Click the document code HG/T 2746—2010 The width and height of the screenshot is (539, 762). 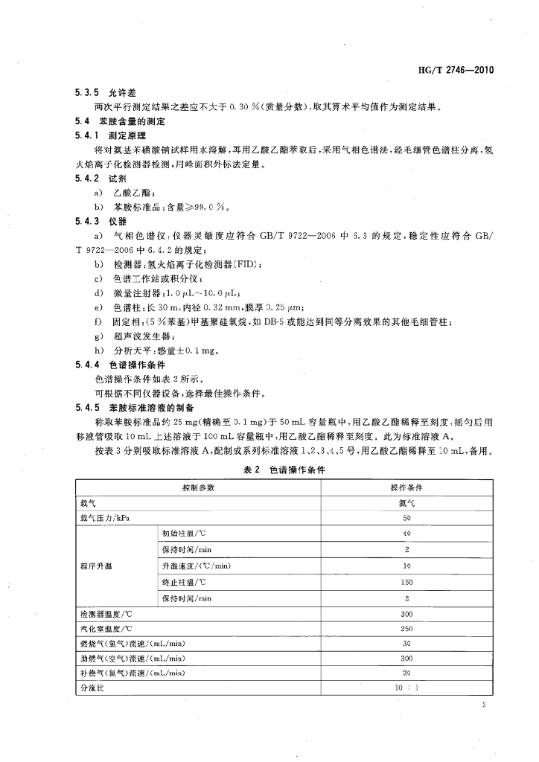coord(453,71)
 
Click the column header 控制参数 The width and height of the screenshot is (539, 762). coord(198,487)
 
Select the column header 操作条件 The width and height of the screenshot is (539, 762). coord(406,487)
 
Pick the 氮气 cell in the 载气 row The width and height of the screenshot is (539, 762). coord(406,502)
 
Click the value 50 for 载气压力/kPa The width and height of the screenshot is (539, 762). coord(406,518)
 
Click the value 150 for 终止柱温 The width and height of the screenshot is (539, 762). coord(406,581)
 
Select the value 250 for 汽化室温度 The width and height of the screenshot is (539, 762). coord(406,628)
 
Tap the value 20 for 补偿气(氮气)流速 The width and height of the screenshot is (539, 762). coord(406,674)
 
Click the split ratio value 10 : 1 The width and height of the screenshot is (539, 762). coord(406,688)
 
